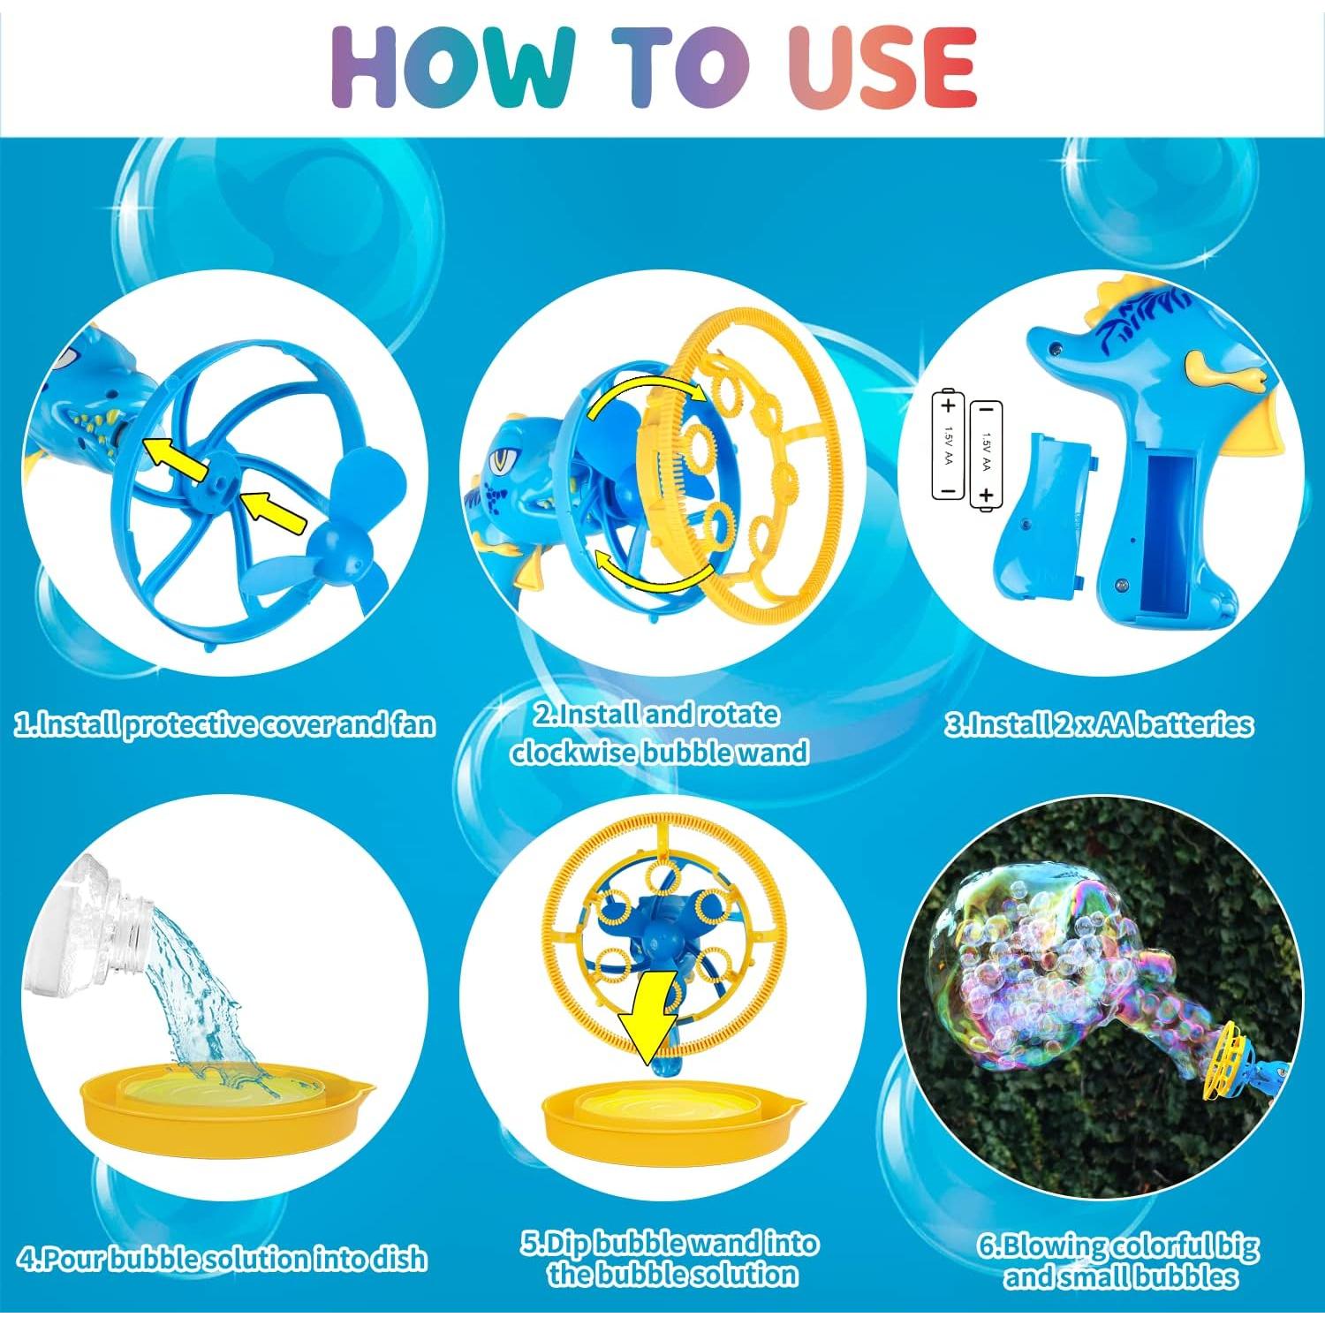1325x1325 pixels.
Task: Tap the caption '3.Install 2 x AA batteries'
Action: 1099,725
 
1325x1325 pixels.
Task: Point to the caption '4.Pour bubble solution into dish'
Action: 223,1258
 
